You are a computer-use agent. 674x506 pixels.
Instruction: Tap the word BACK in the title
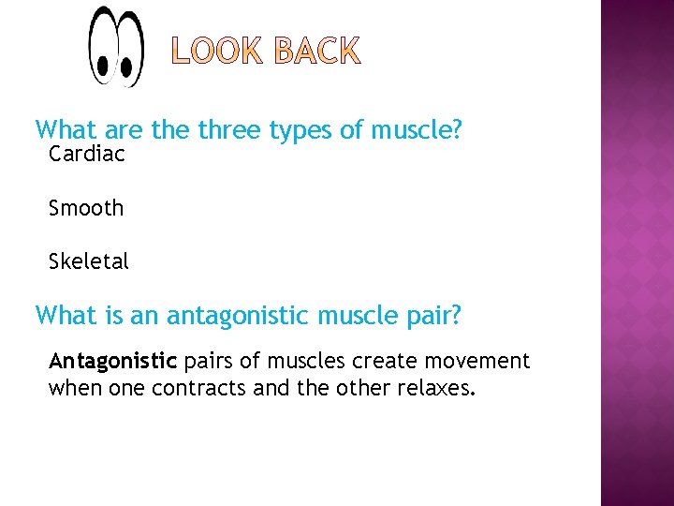click(316, 52)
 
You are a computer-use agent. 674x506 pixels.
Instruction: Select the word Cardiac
click(86, 154)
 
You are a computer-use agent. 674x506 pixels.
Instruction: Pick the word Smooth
click(86, 208)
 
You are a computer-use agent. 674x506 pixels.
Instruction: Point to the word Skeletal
click(89, 261)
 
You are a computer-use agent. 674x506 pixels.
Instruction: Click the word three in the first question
click(229, 130)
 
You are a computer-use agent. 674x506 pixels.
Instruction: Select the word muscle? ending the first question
click(417, 130)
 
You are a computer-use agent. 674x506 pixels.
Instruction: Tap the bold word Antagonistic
click(112, 362)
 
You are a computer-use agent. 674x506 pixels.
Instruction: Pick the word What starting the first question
click(65, 130)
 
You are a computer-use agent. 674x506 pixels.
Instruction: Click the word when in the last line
click(76, 388)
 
